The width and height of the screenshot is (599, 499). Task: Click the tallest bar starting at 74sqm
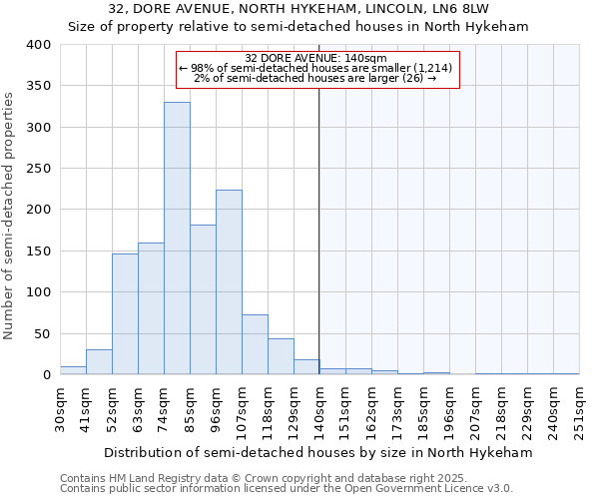(x=177, y=239)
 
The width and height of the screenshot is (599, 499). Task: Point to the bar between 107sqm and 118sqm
(x=255, y=345)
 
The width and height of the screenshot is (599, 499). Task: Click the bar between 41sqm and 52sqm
(x=99, y=362)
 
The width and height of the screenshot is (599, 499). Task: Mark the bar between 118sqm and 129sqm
(x=281, y=357)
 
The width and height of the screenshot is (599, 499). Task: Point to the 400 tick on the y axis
(x=37, y=45)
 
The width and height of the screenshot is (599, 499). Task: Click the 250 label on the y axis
(x=37, y=169)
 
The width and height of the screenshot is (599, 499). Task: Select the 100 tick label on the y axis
(x=37, y=292)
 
